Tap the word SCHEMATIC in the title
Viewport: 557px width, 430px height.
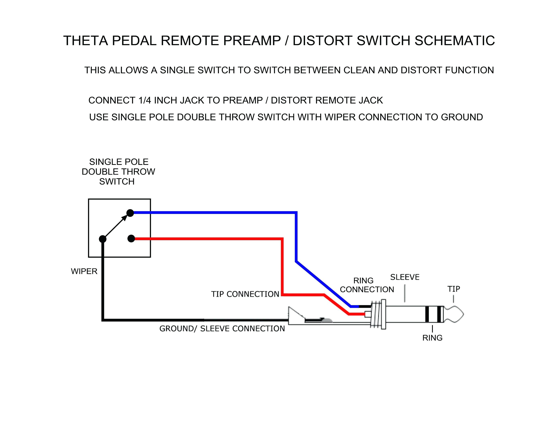tap(455, 41)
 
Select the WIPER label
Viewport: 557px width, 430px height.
tap(84, 271)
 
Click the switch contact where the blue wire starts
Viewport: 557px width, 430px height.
tap(130, 213)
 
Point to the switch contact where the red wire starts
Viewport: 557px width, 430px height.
tap(131, 239)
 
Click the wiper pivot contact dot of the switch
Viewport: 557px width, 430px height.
tap(102, 239)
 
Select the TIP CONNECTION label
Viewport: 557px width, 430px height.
tap(245, 294)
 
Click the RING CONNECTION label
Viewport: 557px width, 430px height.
tap(367, 285)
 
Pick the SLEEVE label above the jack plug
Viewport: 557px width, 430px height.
tap(405, 277)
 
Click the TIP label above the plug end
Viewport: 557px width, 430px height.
tap(454, 289)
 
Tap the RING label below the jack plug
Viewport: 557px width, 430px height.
tap(432, 338)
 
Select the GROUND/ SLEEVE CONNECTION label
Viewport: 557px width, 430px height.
tap(222, 329)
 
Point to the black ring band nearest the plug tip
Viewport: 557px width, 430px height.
tap(439, 314)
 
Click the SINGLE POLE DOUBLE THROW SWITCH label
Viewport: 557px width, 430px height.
tap(118, 172)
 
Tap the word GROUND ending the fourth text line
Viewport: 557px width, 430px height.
tap(462, 117)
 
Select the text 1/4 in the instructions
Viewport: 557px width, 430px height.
tap(145, 100)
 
